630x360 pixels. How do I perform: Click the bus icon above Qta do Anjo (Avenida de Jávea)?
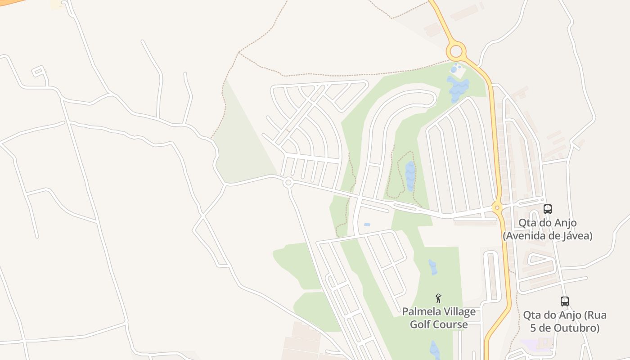click(547, 209)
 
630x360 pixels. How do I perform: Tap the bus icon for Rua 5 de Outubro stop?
click(564, 301)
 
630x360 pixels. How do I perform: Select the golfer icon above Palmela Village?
click(438, 298)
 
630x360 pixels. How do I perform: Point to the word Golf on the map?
click(420, 324)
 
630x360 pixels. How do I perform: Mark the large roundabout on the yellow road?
click(456, 51)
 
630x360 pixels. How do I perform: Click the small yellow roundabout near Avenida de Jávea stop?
click(497, 207)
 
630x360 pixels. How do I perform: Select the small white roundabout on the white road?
click(288, 183)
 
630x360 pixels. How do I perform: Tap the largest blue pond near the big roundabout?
click(458, 88)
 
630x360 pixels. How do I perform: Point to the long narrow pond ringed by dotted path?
click(410, 175)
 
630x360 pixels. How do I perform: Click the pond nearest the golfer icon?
click(432, 267)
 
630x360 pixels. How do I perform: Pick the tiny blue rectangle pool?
click(367, 225)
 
